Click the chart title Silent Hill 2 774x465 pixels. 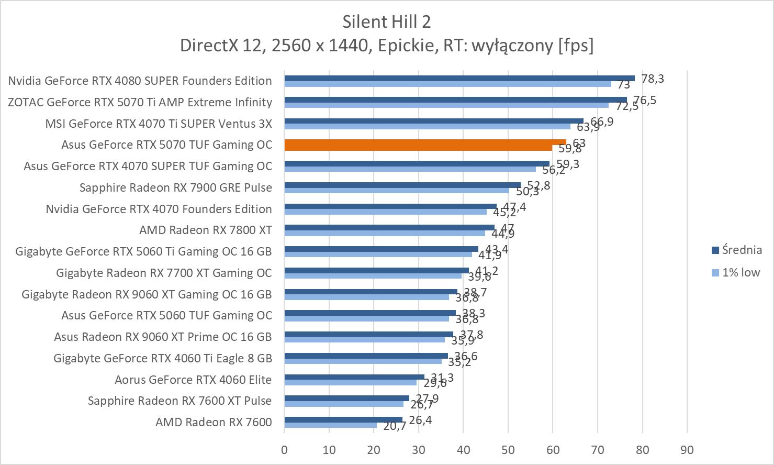386,21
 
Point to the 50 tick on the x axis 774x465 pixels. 508,450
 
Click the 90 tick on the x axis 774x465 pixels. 687,450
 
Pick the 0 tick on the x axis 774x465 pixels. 284,450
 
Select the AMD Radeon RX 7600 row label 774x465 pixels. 214,422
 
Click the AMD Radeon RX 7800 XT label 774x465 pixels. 205,230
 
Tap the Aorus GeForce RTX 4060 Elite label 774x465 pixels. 193,380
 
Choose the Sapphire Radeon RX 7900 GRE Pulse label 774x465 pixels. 175,187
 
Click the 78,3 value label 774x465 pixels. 652,79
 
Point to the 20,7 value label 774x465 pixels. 395,426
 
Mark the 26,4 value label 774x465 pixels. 420,420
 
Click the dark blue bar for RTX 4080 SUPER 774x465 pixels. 459,78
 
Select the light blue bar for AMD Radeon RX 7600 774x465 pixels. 330,425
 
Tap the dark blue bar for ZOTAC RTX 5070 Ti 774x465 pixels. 455,99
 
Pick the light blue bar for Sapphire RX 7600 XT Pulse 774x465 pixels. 344,404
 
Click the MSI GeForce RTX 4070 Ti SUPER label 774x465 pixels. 159,124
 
